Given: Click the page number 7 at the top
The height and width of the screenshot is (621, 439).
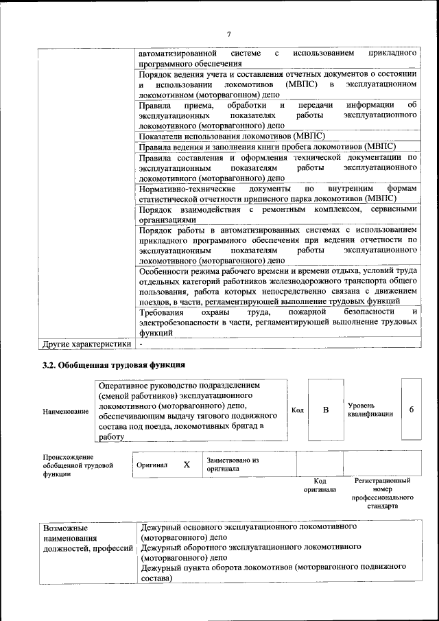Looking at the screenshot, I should pos(230,34).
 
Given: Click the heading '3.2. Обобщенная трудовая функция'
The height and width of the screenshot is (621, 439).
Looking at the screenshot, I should pos(113,364).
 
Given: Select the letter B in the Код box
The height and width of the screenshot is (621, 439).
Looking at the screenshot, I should pos(326,410).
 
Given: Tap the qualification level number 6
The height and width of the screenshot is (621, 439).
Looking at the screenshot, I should pos(411,410).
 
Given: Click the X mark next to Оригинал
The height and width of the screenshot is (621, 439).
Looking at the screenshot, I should pos(186,465).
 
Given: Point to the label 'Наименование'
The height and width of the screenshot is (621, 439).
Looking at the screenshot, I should pos(65,411).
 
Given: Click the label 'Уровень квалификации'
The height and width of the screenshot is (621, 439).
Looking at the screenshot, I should pos(370,410).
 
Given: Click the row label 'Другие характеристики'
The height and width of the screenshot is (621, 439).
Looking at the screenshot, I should pos(86,344).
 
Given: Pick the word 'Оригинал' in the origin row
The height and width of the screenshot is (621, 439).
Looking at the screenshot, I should pos(152,465).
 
